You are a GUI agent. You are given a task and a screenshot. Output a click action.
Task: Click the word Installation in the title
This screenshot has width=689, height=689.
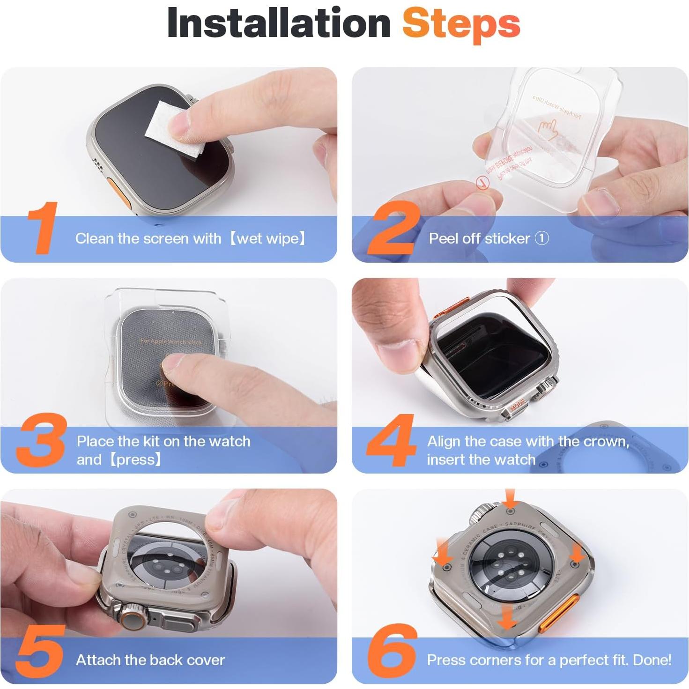click(x=279, y=23)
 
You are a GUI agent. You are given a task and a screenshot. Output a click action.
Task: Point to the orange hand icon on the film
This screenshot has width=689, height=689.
click(x=548, y=127)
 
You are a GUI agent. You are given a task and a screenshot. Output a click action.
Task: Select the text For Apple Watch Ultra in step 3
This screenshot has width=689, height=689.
click(x=170, y=341)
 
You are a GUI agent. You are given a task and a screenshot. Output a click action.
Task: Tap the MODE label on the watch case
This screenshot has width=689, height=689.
click(x=517, y=405)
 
